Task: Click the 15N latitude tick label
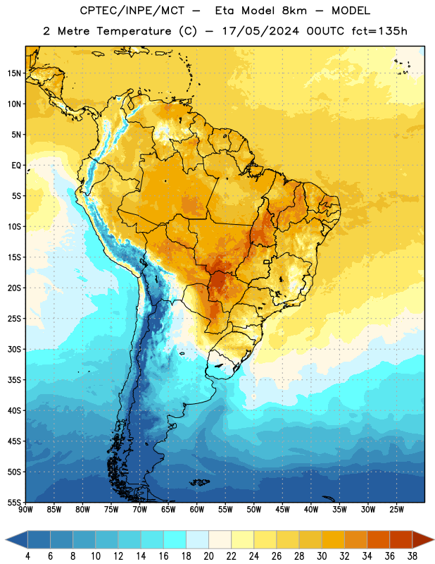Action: [x=14, y=73]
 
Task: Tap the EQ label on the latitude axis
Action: [x=16, y=166]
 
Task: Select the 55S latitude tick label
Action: [x=14, y=502]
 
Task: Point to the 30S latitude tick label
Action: [x=14, y=349]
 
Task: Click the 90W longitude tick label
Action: [x=25, y=509]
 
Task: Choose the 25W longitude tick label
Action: [x=396, y=509]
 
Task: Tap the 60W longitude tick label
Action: [x=197, y=509]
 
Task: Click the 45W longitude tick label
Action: [x=282, y=509]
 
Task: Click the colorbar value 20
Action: [x=208, y=556]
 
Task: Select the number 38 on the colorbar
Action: [x=412, y=556]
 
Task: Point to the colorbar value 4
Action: [x=27, y=556]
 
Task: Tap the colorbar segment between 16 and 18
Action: [x=175, y=539]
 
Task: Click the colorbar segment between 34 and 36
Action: [x=378, y=539]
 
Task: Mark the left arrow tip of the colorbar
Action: [x=6, y=539]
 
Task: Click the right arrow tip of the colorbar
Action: [x=434, y=539]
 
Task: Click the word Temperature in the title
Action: [x=134, y=31]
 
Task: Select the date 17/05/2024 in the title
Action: [x=260, y=31]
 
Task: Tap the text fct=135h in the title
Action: [x=379, y=31]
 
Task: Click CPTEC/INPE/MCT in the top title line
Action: [x=132, y=11]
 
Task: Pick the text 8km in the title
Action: [x=294, y=11]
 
